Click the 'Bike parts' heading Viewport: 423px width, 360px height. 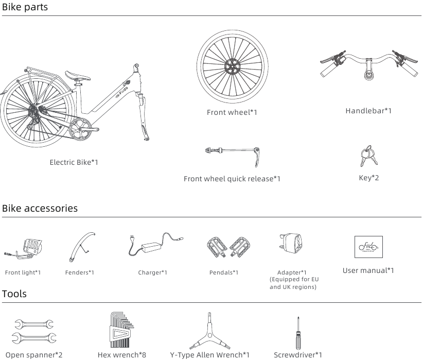(x=25, y=7)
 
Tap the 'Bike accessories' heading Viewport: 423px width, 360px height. (x=40, y=209)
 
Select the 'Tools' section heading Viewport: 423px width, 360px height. (x=14, y=294)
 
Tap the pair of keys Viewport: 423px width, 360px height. (x=369, y=156)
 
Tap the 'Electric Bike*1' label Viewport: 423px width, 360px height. (x=74, y=162)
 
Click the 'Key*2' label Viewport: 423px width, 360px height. (x=369, y=178)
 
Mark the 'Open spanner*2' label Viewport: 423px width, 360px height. (x=34, y=355)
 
